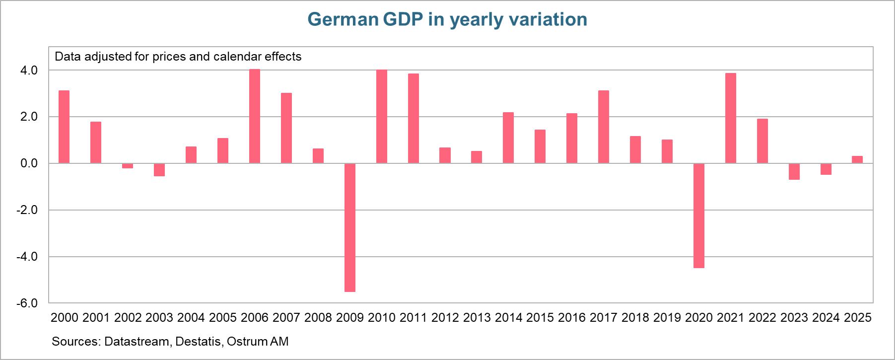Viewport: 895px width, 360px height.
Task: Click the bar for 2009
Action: point(349,227)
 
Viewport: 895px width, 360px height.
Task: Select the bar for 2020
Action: point(698,216)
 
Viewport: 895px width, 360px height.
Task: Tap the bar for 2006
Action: point(254,116)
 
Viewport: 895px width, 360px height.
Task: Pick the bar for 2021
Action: point(730,118)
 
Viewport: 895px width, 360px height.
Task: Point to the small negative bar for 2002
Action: point(128,166)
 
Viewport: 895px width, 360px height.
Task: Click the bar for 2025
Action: point(857,159)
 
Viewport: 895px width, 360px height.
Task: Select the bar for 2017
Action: point(603,127)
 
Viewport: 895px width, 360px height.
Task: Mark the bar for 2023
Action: point(794,171)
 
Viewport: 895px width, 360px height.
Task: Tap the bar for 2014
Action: point(508,138)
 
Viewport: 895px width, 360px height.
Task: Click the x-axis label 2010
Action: point(381,318)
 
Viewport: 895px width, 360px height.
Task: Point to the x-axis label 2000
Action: point(65,318)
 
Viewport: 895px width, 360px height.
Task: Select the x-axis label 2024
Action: point(826,318)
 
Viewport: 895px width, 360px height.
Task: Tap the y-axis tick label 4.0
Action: point(29,71)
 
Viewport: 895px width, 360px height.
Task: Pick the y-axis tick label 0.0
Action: point(29,163)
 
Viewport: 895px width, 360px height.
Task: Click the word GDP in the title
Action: point(403,20)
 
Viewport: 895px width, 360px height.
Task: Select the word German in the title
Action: point(343,20)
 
